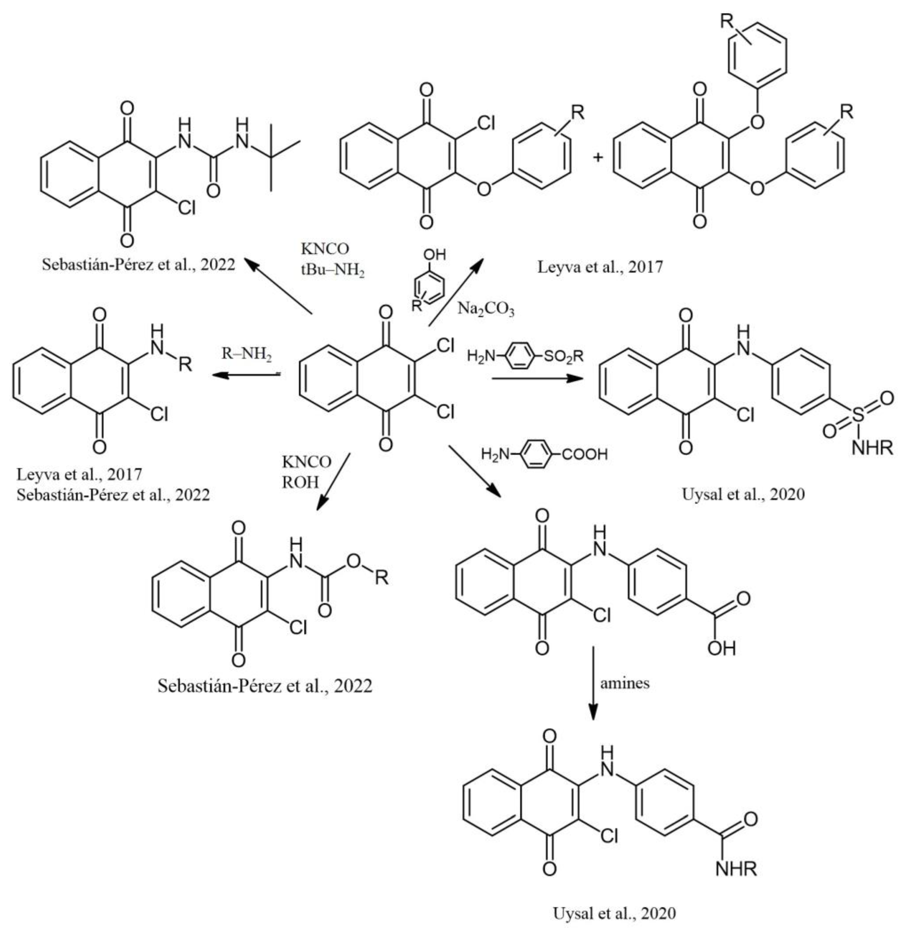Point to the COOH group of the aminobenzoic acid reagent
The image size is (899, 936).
[584, 453]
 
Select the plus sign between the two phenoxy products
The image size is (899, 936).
[597, 156]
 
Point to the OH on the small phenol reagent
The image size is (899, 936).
[435, 254]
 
